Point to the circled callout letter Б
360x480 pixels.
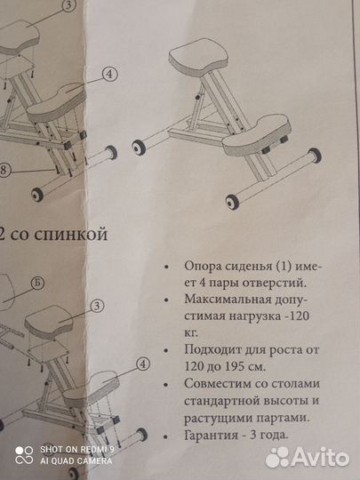(60, 284)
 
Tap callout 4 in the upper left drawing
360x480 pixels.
(108, 75)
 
